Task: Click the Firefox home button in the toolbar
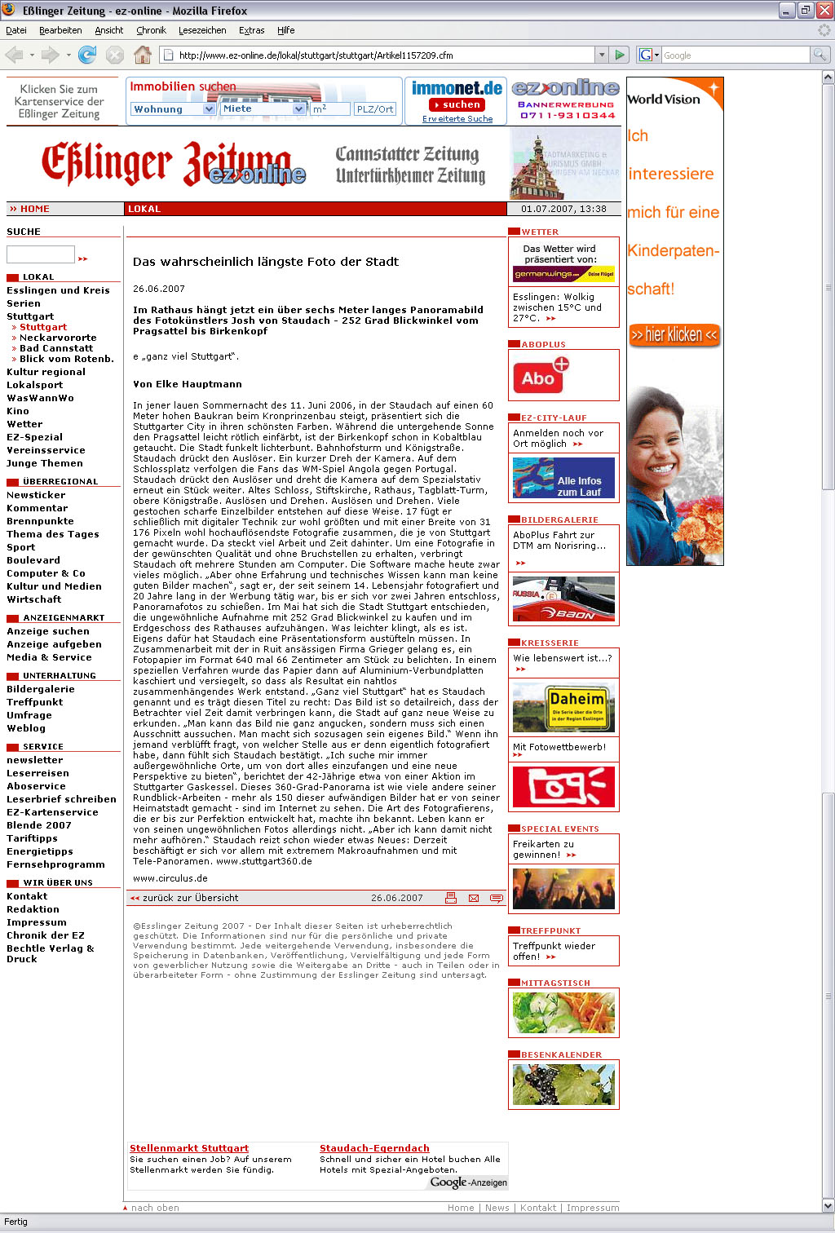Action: click(x=143, y=55)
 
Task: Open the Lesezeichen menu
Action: click(x=202, y=30)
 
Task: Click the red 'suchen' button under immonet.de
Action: click(x=457, y=104)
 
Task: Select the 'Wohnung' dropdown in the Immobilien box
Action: click(x=172, y=109)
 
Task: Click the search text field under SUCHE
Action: click(x=41, y=254)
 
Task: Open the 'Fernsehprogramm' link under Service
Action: click(x=55, y=864)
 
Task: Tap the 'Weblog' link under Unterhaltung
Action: click(x=26, y=728)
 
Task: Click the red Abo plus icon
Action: click(x=541, y=376)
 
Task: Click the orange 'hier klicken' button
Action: click(x=674, y=334)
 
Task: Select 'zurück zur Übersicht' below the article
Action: click(x=190, y=898)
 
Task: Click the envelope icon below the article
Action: click(x=474, y=898)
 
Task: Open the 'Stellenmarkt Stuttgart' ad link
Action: click(x=189, y=1148)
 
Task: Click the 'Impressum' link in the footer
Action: click(x=593, y=1208)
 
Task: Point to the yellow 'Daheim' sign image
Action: click(x=563, y=707)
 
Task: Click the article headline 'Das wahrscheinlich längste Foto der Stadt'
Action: click(x=266, y=262)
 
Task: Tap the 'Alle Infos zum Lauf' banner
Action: click(x=563, y=478)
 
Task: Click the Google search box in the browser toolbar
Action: click(x=734, y=55)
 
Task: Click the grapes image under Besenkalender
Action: click(x=563, y=1084)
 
